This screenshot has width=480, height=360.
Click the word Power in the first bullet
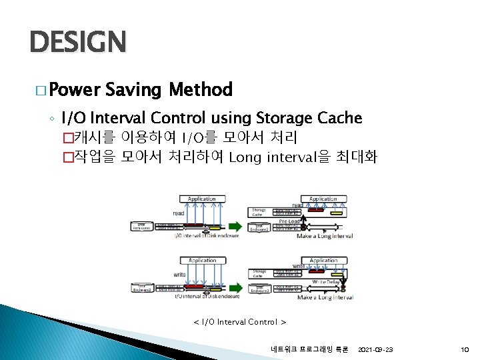(73, 89)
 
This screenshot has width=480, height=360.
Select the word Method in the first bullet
(201, 89)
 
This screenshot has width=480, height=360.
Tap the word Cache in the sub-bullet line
(339, 119)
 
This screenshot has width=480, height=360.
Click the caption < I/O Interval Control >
(239, 322)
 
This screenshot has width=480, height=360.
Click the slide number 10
(464, 349)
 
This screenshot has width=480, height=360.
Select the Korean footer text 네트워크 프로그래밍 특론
(305, 349)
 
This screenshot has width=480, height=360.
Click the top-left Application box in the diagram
(201, 199)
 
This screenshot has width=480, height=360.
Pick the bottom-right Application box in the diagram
(323, 261)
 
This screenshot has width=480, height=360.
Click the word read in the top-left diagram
(179, 213)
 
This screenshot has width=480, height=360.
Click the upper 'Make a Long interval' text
(325, 236)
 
